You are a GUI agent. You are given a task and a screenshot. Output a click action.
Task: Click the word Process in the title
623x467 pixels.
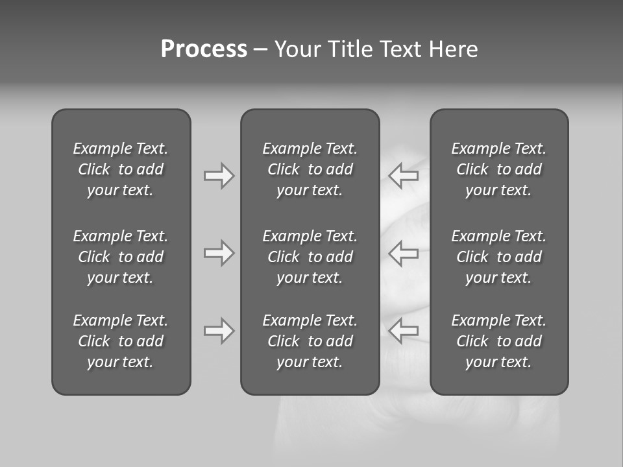pos(204,49)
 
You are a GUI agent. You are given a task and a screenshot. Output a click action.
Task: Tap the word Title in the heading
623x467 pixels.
pos(351,49)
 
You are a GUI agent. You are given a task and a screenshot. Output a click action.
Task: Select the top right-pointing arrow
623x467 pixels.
pos(219,176)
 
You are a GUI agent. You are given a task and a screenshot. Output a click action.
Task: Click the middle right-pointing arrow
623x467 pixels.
pos(219,253)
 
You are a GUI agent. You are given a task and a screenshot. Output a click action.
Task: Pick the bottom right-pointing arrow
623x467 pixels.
pos(219,331)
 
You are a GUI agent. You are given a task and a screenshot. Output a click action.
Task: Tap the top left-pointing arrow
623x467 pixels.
pos(403,176)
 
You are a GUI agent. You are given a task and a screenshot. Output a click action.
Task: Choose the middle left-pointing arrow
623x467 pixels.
pos(403,253)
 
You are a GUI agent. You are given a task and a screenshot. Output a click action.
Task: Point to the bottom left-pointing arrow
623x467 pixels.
pos(403,331)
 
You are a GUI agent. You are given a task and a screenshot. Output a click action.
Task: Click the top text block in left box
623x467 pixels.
pos(121,169)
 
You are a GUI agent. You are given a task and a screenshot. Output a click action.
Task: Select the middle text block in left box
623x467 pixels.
pos(121,257)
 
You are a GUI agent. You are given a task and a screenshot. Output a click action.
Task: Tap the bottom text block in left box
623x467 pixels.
pos(121,341)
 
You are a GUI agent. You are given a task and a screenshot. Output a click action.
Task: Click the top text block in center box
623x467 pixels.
pos(310,169)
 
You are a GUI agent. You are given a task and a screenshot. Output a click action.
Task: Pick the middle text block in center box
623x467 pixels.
pos(310,257)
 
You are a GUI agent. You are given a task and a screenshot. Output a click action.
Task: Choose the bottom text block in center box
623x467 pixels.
pos(310,341)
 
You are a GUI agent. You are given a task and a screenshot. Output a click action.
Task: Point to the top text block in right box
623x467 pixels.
pos(498,169)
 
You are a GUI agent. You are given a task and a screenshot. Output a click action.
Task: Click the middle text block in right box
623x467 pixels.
pos(498,257)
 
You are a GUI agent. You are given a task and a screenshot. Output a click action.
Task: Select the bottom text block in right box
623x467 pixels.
pos(498,341)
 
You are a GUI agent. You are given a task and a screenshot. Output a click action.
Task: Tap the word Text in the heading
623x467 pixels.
pos(401,49)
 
